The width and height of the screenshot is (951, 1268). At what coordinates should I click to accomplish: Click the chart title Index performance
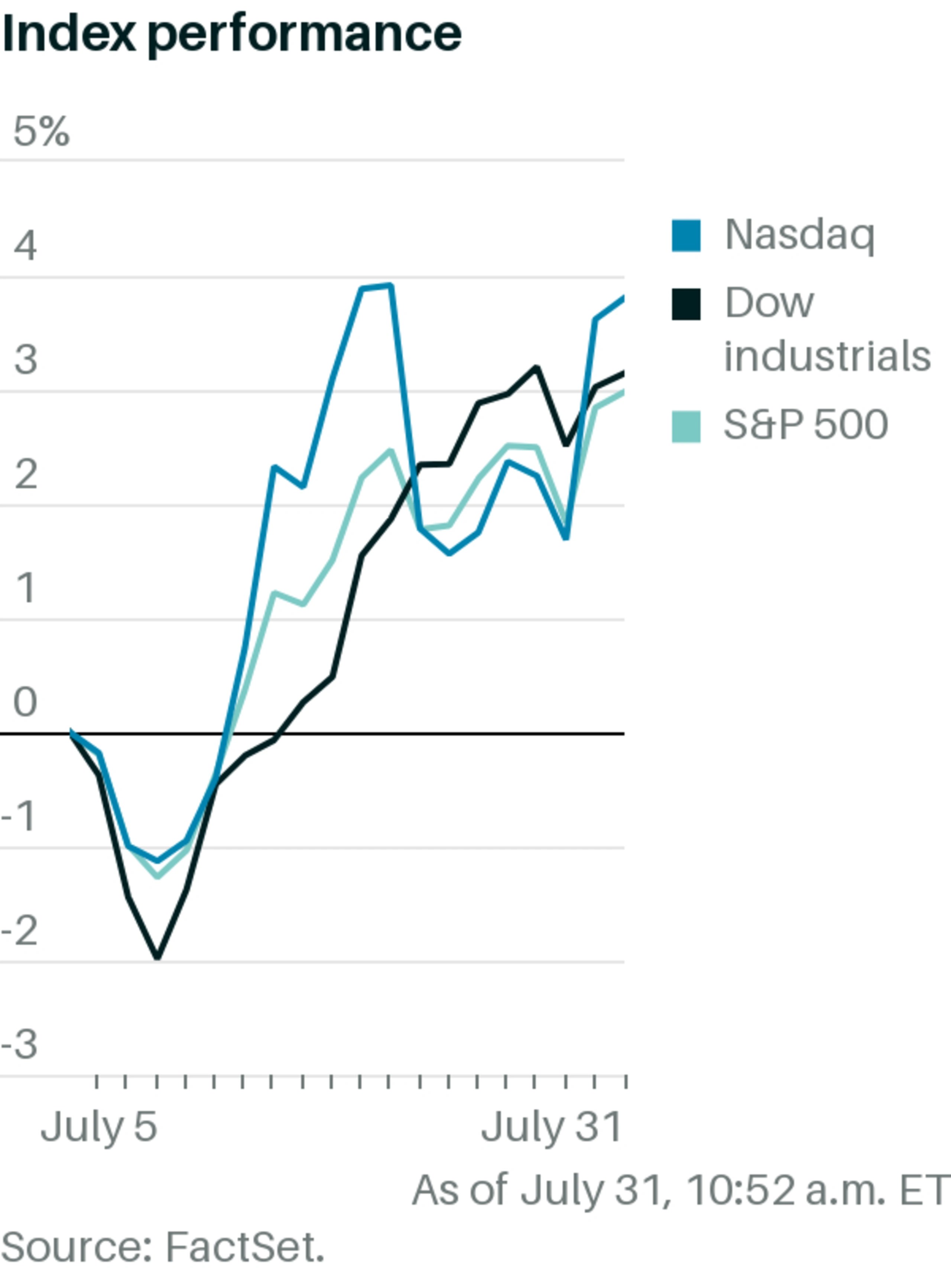[231, 35]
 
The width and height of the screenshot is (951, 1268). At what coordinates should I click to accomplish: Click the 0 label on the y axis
[26, 702]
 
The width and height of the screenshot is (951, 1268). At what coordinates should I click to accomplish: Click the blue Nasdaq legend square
[686, 236]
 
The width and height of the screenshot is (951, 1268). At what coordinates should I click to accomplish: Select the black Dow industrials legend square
[686, 304]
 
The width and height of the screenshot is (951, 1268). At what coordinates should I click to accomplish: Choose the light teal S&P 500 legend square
[686, 427]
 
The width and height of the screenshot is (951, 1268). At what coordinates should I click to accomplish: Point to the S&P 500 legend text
[805, 425]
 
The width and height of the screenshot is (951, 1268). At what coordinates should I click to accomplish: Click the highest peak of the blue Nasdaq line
[390, 285]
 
